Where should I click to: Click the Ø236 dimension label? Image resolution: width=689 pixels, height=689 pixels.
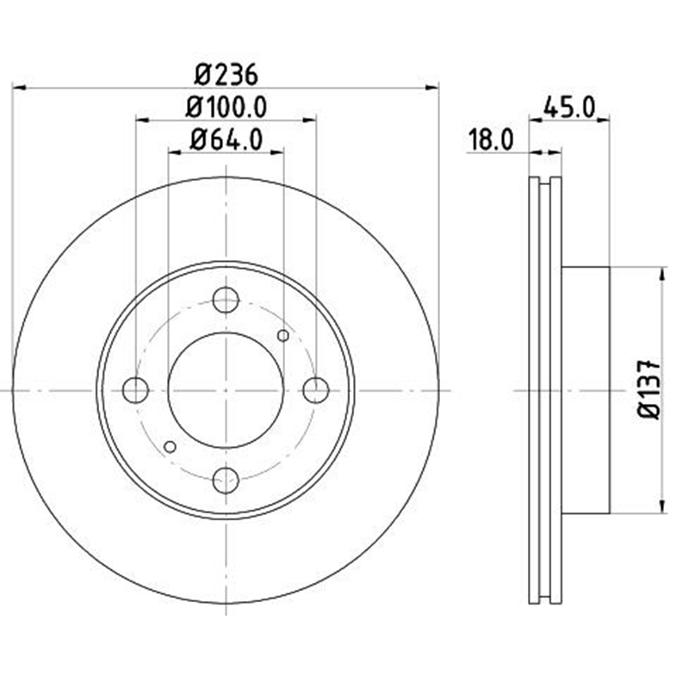(226, 75)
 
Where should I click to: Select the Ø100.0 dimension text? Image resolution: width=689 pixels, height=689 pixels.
(226, 107)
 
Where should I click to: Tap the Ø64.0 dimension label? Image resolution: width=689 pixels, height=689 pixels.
(226, 140)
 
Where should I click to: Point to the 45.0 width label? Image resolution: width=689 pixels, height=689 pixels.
(569, 107)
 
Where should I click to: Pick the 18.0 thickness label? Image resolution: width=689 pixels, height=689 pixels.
(491, 140)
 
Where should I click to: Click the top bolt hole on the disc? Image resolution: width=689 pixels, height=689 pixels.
(226, 300)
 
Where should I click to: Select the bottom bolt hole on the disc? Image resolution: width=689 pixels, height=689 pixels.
(226, 481)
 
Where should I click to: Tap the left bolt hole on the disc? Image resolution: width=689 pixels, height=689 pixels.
(135, 390)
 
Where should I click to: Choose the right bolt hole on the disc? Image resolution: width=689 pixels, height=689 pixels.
(316, 390)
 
